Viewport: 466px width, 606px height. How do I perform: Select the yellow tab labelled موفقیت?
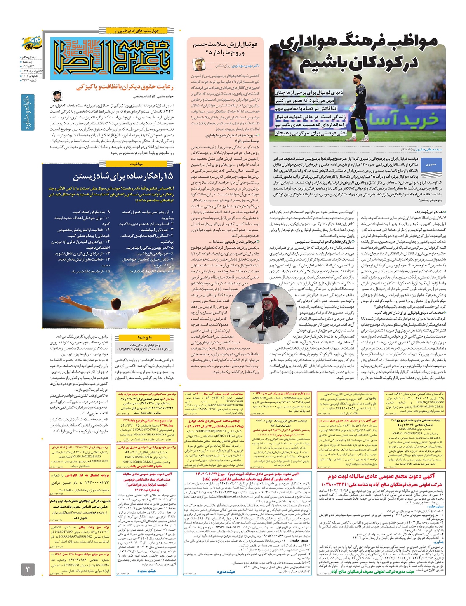pyautogui.click(x=137, y=164)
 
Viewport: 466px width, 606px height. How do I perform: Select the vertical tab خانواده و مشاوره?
pyautogui.click(x=27, y=112)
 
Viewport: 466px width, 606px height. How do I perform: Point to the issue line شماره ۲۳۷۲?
pyautogui.click(x=30, y=80)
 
